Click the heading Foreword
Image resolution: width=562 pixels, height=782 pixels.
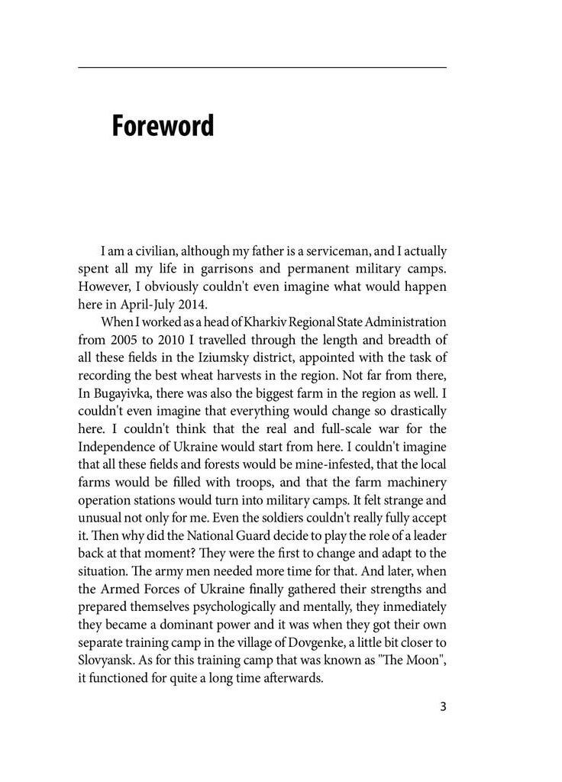163,126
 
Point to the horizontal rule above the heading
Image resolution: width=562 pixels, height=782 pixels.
262,68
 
